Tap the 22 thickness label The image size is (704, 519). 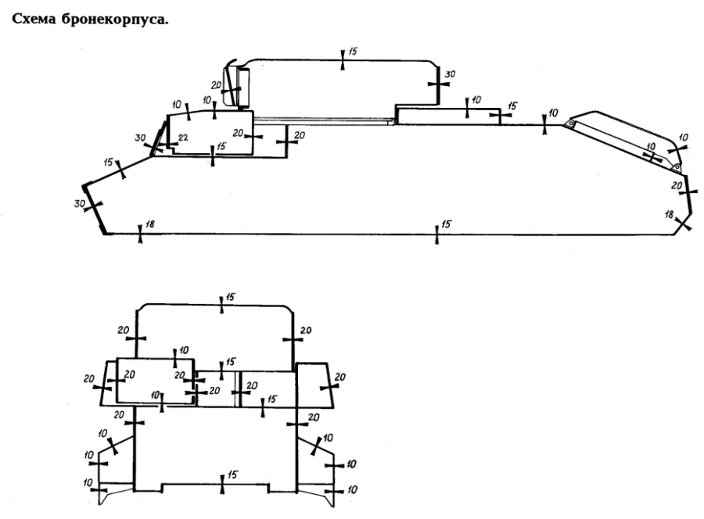point(182,138)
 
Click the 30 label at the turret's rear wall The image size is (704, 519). point(449,74)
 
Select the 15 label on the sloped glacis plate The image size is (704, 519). point(108,162)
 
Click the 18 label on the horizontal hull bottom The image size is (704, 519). point(150,225)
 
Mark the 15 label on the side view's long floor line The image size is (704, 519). point(447,224)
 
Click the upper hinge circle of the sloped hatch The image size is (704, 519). point(572,123)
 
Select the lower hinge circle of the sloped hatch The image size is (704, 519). point(677,166)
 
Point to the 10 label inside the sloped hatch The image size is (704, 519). point(650,146)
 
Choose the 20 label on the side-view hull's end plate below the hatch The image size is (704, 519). point(677,185)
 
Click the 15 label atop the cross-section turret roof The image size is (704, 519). point(231,298)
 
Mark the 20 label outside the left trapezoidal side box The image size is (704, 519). point(88,378)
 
